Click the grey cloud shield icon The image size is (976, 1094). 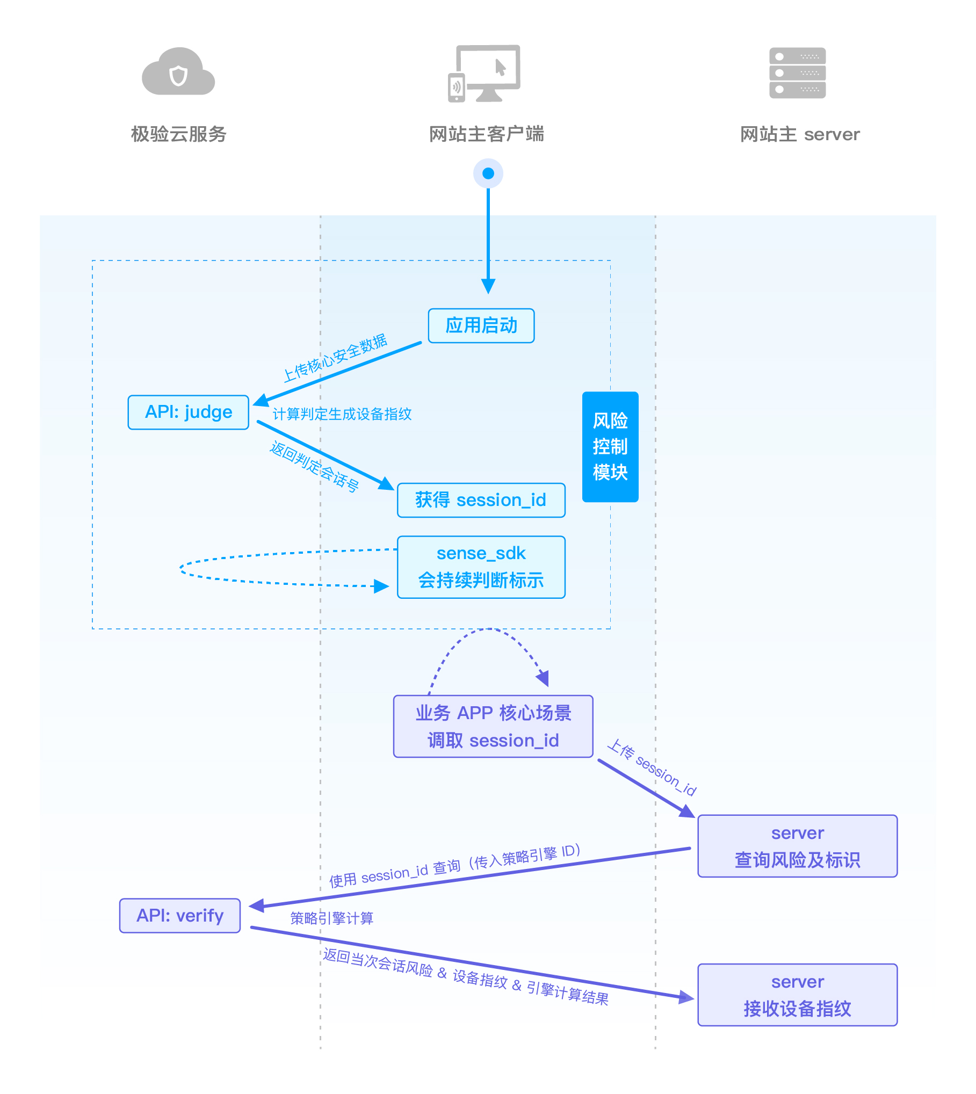click(x=178, y=73)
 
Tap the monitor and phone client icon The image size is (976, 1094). click(x=485, y=74)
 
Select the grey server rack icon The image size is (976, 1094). click(x=797, y=73)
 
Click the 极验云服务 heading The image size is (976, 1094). click(x=179, y=134)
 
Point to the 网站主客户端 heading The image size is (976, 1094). click(x=487, y=134)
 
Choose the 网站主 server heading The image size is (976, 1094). click(x=800, y=134)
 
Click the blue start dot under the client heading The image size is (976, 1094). click(x=488, y=173)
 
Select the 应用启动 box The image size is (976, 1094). click(x=481, y=325)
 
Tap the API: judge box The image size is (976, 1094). click(x=189, y=412)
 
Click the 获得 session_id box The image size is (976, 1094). click(x=481, y=500)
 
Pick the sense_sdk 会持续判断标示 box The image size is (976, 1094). click(x=481, y=567)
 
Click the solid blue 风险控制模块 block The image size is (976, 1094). click(x=610, y=446)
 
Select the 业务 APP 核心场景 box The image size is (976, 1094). click(x=493, y=726)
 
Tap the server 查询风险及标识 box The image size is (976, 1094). click(x=797, y=846)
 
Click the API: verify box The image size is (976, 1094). click(x=180, y=915)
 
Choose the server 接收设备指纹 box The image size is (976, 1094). click(x=797, y=995)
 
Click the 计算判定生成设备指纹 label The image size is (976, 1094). click(x=342, y=414)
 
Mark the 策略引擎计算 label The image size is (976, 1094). click(x=331, y=918)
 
